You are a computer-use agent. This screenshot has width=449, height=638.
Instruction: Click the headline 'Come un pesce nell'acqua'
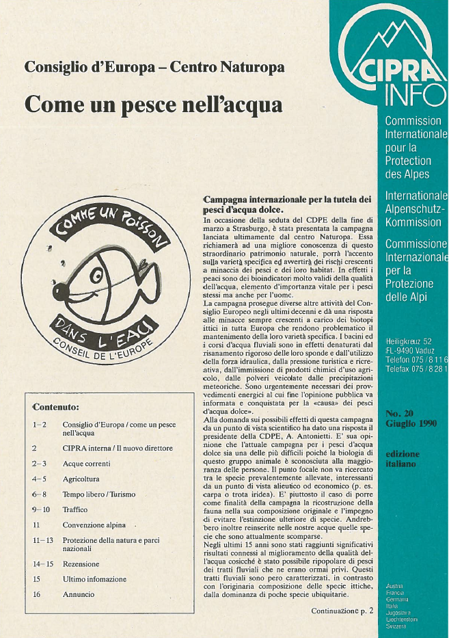152,106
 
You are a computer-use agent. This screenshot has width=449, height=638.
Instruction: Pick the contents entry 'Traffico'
75,509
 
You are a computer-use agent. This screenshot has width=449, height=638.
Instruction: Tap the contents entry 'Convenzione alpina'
94,525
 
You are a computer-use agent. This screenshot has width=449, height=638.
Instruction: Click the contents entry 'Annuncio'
79,594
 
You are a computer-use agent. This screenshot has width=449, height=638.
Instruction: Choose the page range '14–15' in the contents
42,564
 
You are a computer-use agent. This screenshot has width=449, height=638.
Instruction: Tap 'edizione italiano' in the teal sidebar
403,459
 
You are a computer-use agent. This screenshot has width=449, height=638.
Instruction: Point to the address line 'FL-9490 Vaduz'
416,348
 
